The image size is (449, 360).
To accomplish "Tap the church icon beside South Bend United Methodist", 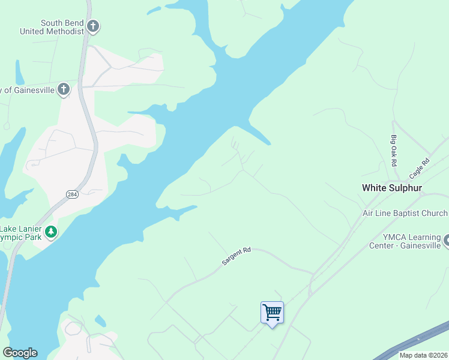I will tap(92, 26).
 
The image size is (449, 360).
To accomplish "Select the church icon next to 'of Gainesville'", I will tap(64, 90).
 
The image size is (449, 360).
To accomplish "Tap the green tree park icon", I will tap(51, 231).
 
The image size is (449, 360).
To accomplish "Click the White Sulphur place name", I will tap(392, 188).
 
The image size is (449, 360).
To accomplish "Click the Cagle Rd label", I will tap(420, 168).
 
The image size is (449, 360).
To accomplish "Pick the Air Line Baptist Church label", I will tap(405, 213).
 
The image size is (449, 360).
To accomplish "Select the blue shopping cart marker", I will tap(272, 313).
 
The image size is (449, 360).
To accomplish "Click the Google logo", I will tap(20, 353).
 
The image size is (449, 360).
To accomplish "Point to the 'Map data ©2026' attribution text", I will tap(423, 355).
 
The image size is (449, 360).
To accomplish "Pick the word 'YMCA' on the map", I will tap(394, 237).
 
